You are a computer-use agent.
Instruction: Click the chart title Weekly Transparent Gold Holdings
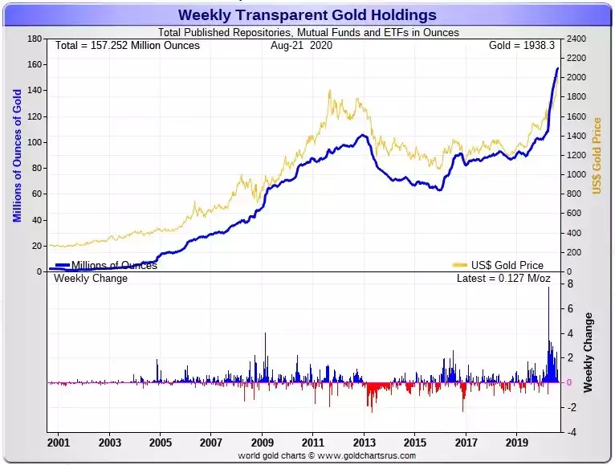tap(307, 14)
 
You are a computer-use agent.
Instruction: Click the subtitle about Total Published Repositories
tap(308, 33)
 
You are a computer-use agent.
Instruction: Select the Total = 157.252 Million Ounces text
tap(127, 45)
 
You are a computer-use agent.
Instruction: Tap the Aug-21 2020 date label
tap(301, 45)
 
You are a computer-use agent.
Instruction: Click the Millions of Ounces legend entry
tap(113, 265)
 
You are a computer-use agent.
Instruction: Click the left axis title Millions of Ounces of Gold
tap(17, 156)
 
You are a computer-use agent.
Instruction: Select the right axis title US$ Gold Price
tap(597, 156)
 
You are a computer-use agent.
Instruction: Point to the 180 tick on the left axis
tap(35, 39)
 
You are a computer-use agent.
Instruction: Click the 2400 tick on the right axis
tap(576, 39)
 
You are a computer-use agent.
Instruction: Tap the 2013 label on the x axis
tap(364, 442)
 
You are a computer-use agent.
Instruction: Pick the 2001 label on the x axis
tap(59, 442)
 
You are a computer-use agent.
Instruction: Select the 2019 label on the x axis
tap(516, 442)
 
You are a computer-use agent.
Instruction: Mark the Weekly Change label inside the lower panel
tap(90, 279)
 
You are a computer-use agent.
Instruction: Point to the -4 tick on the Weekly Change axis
tap(570, 432)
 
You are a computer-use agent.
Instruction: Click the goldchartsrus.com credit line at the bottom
tap(327, 455)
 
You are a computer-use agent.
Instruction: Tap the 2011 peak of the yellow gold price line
tap(330, 91)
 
